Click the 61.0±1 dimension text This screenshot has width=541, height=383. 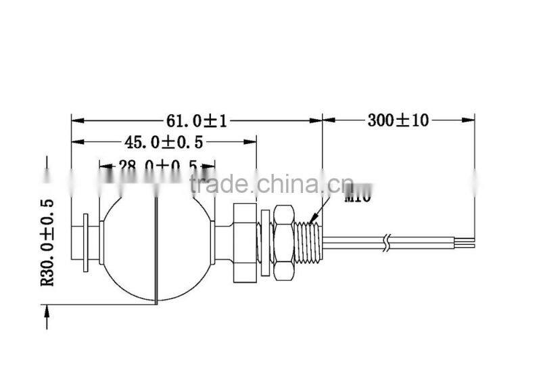point(196,120)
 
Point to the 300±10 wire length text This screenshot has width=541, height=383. point(398,120)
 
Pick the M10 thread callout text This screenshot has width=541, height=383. point(357,198)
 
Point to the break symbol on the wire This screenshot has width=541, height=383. point(385,242)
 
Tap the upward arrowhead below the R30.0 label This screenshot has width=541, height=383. point(47,309)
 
